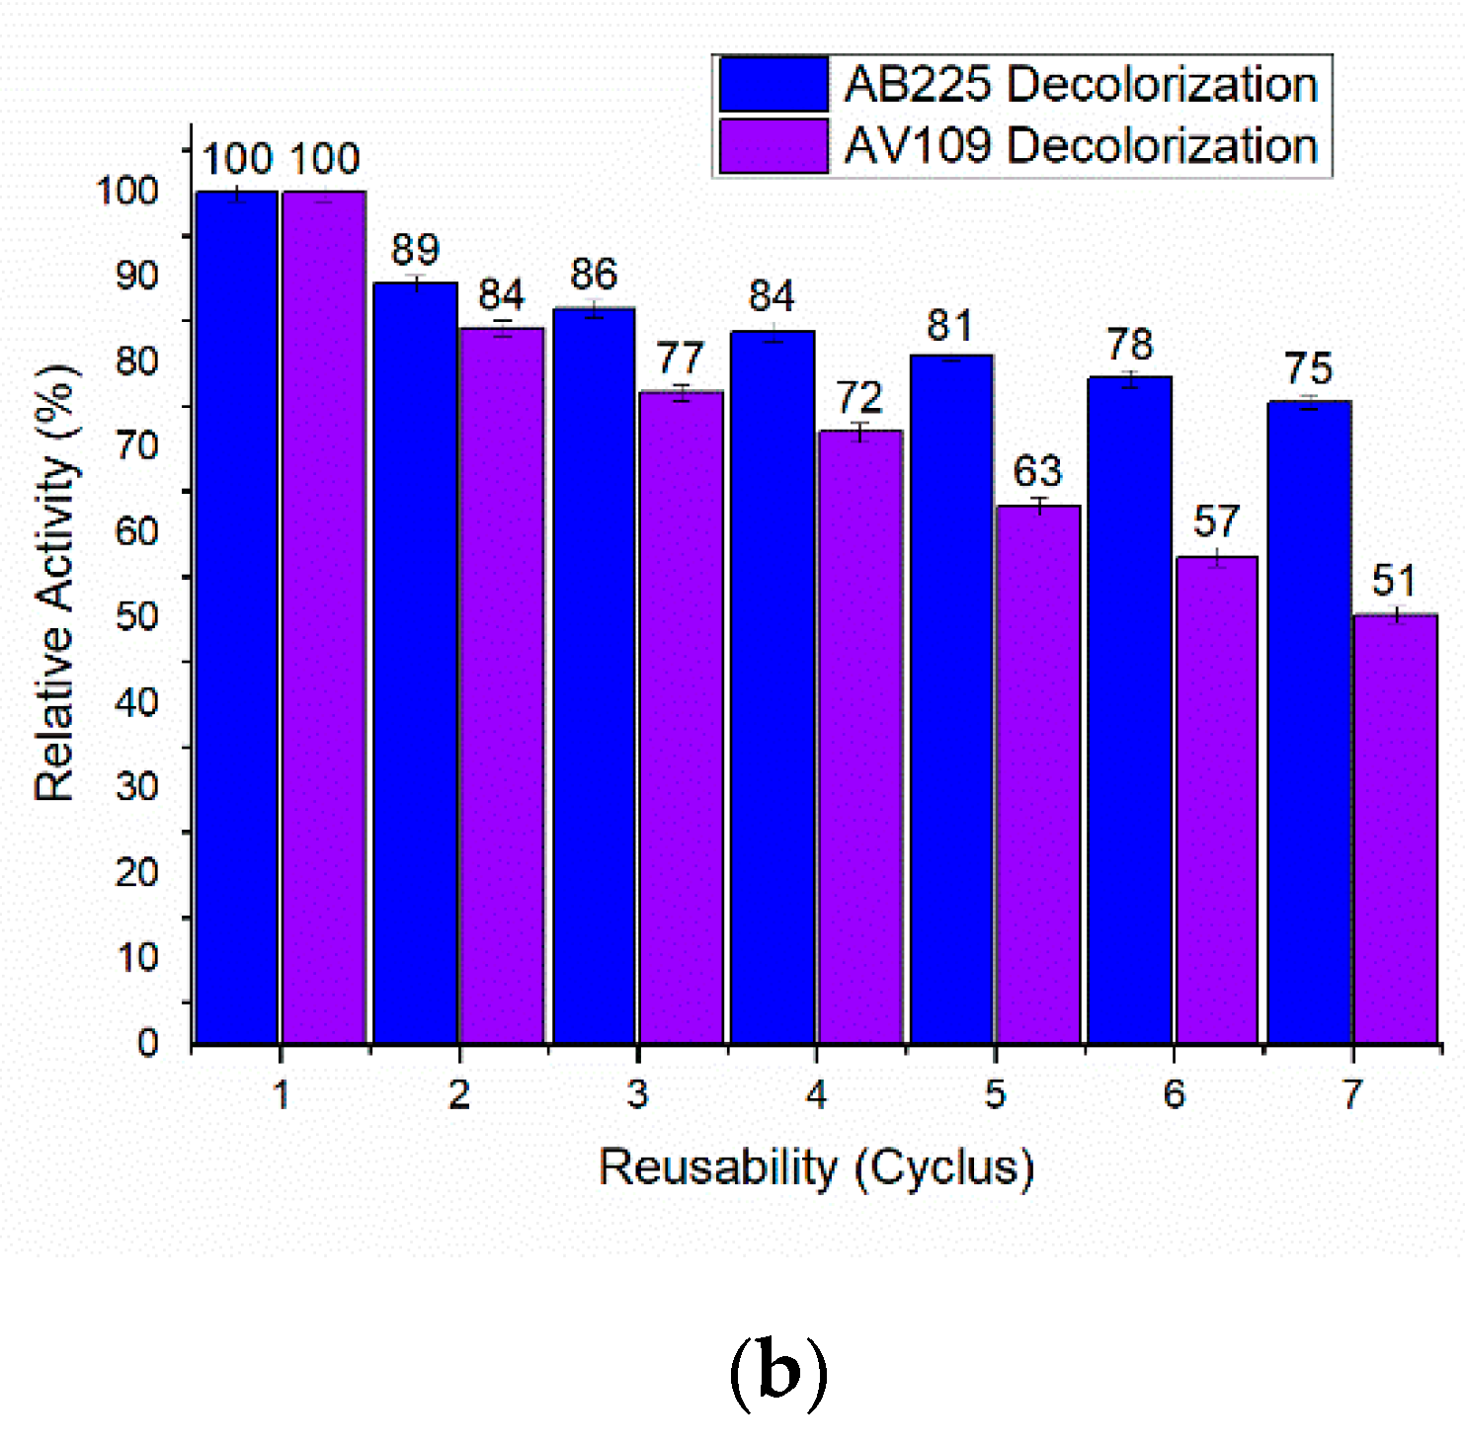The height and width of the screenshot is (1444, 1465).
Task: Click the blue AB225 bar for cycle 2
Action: click(415, 662)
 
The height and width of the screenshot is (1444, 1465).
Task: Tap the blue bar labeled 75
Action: click(1309, 721)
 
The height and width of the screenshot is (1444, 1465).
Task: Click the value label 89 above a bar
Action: click(415, 250)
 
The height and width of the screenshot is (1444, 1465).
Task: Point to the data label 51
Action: click(1394, 581)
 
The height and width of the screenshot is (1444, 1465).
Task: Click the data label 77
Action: click(680, 358)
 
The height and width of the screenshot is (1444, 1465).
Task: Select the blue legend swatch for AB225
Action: click(773, 84)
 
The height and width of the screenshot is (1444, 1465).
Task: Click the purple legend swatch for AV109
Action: click(773, 146)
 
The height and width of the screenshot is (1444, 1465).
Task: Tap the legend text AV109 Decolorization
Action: click(1081, 146)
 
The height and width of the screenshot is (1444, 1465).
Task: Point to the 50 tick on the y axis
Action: click(136, 616)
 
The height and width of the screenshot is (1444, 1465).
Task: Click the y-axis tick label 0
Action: click(147, 1042)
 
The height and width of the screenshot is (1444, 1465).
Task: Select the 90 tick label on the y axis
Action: click(136, 276)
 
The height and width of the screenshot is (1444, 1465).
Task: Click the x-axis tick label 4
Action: click(816, 1094)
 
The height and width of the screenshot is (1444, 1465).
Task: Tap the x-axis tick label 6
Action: click(1174, 1094)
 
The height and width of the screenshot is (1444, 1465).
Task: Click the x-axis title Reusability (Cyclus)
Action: click(816, 1167)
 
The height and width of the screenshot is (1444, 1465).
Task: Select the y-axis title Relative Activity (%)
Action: click(55, 583)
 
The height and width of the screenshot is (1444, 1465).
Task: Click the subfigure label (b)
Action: click(777, 1373)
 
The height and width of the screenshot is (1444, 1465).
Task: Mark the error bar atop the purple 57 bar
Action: click(1217, 557)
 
